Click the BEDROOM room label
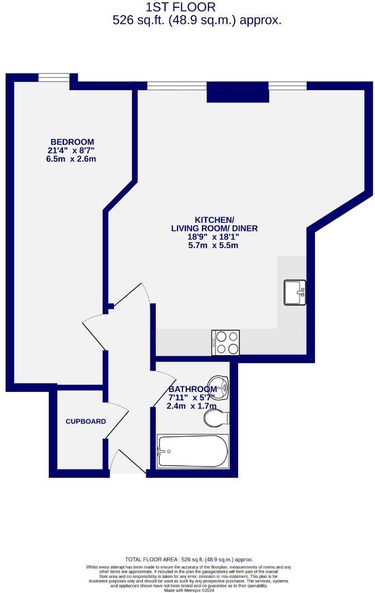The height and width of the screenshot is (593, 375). tap(72, 142)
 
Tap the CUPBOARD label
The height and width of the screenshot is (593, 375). tap(86, 422)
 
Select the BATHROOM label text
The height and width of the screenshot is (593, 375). tap(193, 389)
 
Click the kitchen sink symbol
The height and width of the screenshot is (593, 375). tap(295, 292)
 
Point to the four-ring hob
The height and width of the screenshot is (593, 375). tap(226, 342)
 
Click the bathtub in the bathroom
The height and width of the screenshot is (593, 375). tap(193, 451)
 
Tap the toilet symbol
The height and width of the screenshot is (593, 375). tap(216, 418)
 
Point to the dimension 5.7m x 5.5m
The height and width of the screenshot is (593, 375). tap(214, 246)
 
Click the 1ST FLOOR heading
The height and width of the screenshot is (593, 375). tap(180, 7)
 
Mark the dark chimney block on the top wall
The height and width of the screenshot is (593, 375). tap(238, 92)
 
